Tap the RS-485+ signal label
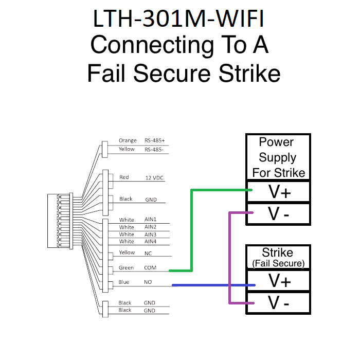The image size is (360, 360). [x=155, y=140]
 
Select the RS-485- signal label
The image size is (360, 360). [x=154, y=150]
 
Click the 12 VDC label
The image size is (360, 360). [x=154, y=178]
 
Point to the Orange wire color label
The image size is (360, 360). [x=128, y=140]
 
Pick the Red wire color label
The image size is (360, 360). [x=124, y=177]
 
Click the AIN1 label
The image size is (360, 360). [x=150, y=220]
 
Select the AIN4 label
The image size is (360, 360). [x=150, y=241]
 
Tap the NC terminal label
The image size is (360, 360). [x=148, y=253]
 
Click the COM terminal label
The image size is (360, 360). [x=150, y=268]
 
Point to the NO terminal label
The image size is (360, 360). [x=148, y=282]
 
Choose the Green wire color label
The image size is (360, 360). [x=126, y=268]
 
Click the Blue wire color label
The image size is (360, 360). [x=124, y=282]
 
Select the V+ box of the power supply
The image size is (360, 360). [x=278, y=192]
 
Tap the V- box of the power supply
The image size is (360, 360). [x=278, y=214]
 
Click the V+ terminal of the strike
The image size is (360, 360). [x=278, y=281]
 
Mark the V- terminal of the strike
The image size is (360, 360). [x=278, y=303]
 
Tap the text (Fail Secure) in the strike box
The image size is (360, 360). [x=278, y=263]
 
